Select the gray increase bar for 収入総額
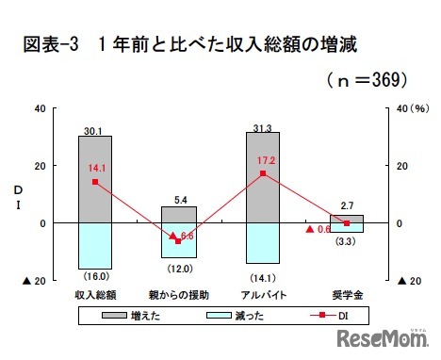(x=94, y=179)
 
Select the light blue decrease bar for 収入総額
(x=94, y=246)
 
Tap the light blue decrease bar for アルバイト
(x=262, y=243)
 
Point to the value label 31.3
(x=263, y=125)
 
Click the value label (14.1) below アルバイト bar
(x=262, y=276)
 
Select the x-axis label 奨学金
(x=346, y=295)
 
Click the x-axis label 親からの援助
(x=179, y=295)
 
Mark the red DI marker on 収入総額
(x=94, y=182)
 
